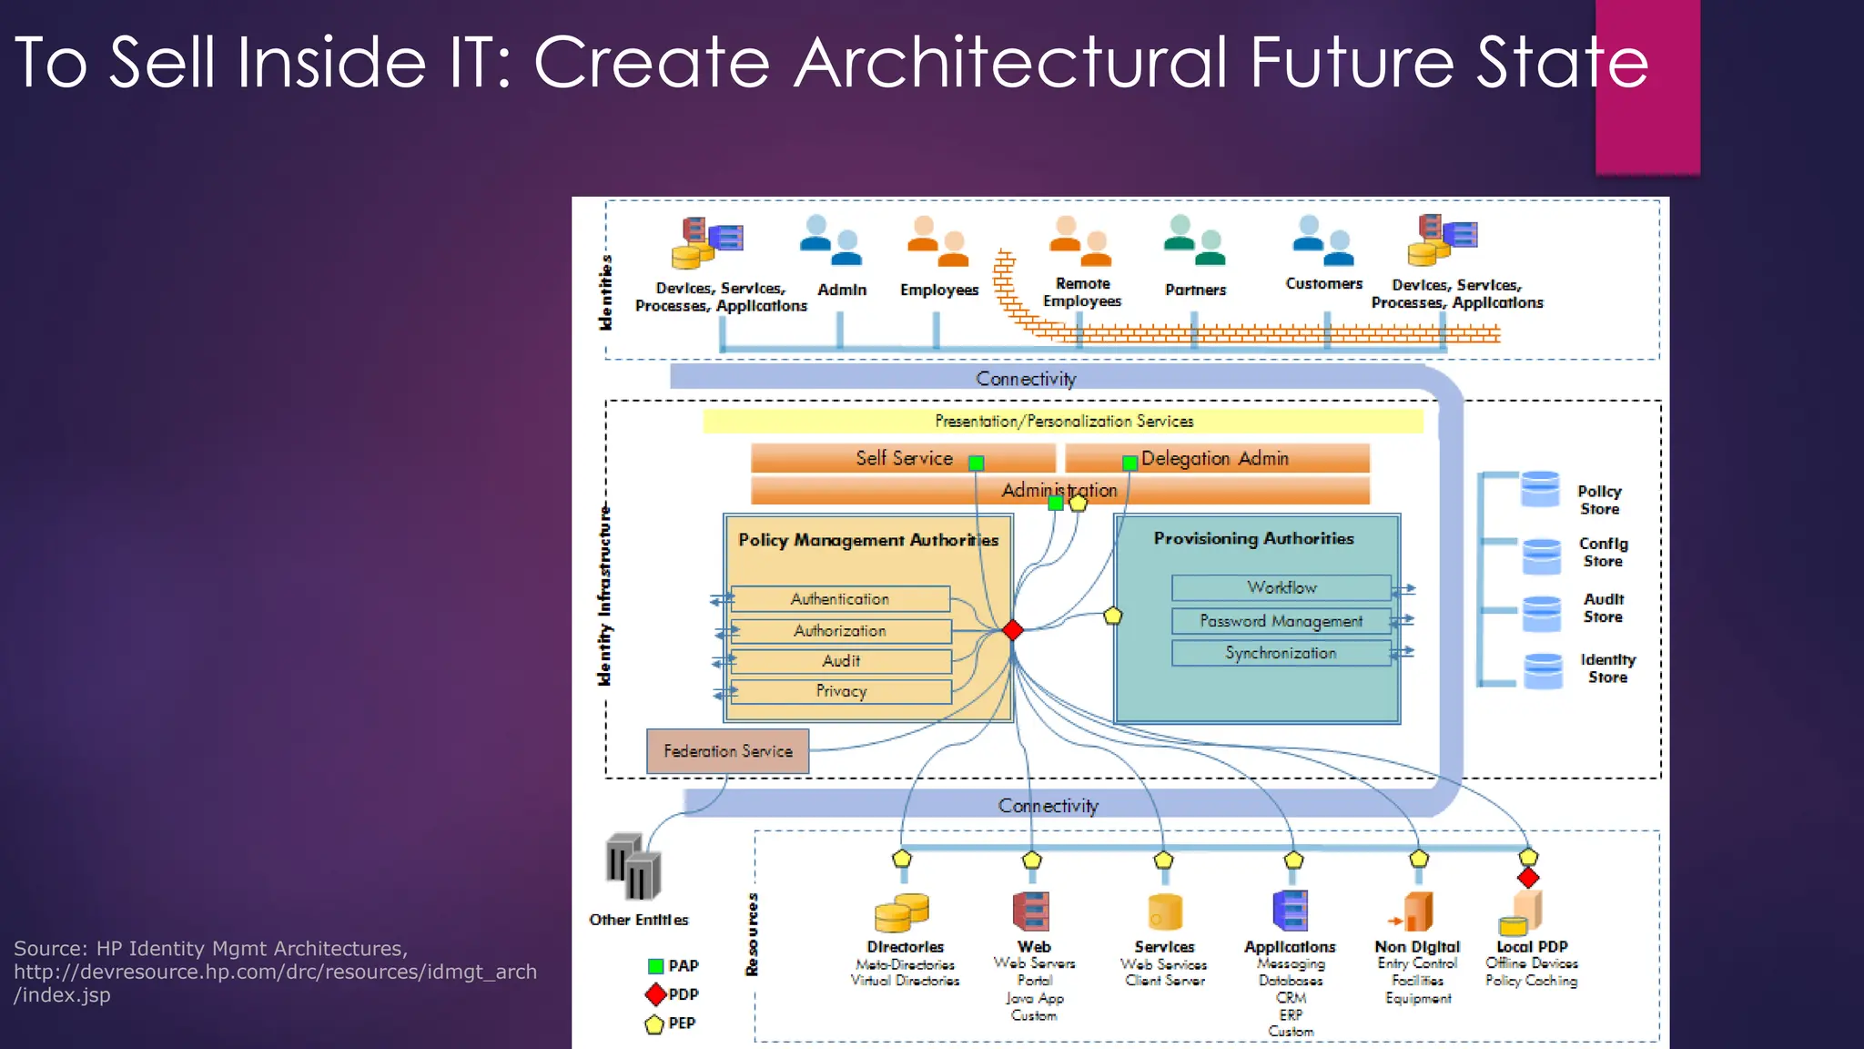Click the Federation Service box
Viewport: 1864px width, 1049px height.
tap(727, 751)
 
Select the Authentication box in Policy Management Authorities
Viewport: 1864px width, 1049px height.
tap(840, 599)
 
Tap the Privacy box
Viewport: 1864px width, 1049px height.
tap(841, 691)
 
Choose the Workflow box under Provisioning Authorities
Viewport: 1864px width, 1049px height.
tap(1281, 587)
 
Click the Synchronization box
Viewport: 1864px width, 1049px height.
tap(1281, 653)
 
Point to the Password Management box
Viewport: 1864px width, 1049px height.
tap(1281, 621)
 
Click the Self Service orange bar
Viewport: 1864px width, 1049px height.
tap(902, 458)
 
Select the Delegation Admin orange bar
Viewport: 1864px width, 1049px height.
tap(1216, 458)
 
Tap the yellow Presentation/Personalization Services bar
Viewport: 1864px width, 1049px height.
tap(1063, 421)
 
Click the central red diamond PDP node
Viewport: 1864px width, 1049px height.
tap(1013, 629)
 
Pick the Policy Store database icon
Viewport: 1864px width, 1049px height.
tap(1540, 489)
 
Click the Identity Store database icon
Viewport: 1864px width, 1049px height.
tap(1543, 671)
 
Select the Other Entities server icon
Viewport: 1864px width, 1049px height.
tap(633, 867)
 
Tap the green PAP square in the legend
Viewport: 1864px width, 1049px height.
tap(655, 966)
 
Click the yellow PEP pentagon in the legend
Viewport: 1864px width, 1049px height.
tap(654, 1024)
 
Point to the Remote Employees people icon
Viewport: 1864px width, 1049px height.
tap(1079, 237)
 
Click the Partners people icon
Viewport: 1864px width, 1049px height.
tap(1194, 239)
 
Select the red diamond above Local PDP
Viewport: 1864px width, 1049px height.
tap(1528, 878)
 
